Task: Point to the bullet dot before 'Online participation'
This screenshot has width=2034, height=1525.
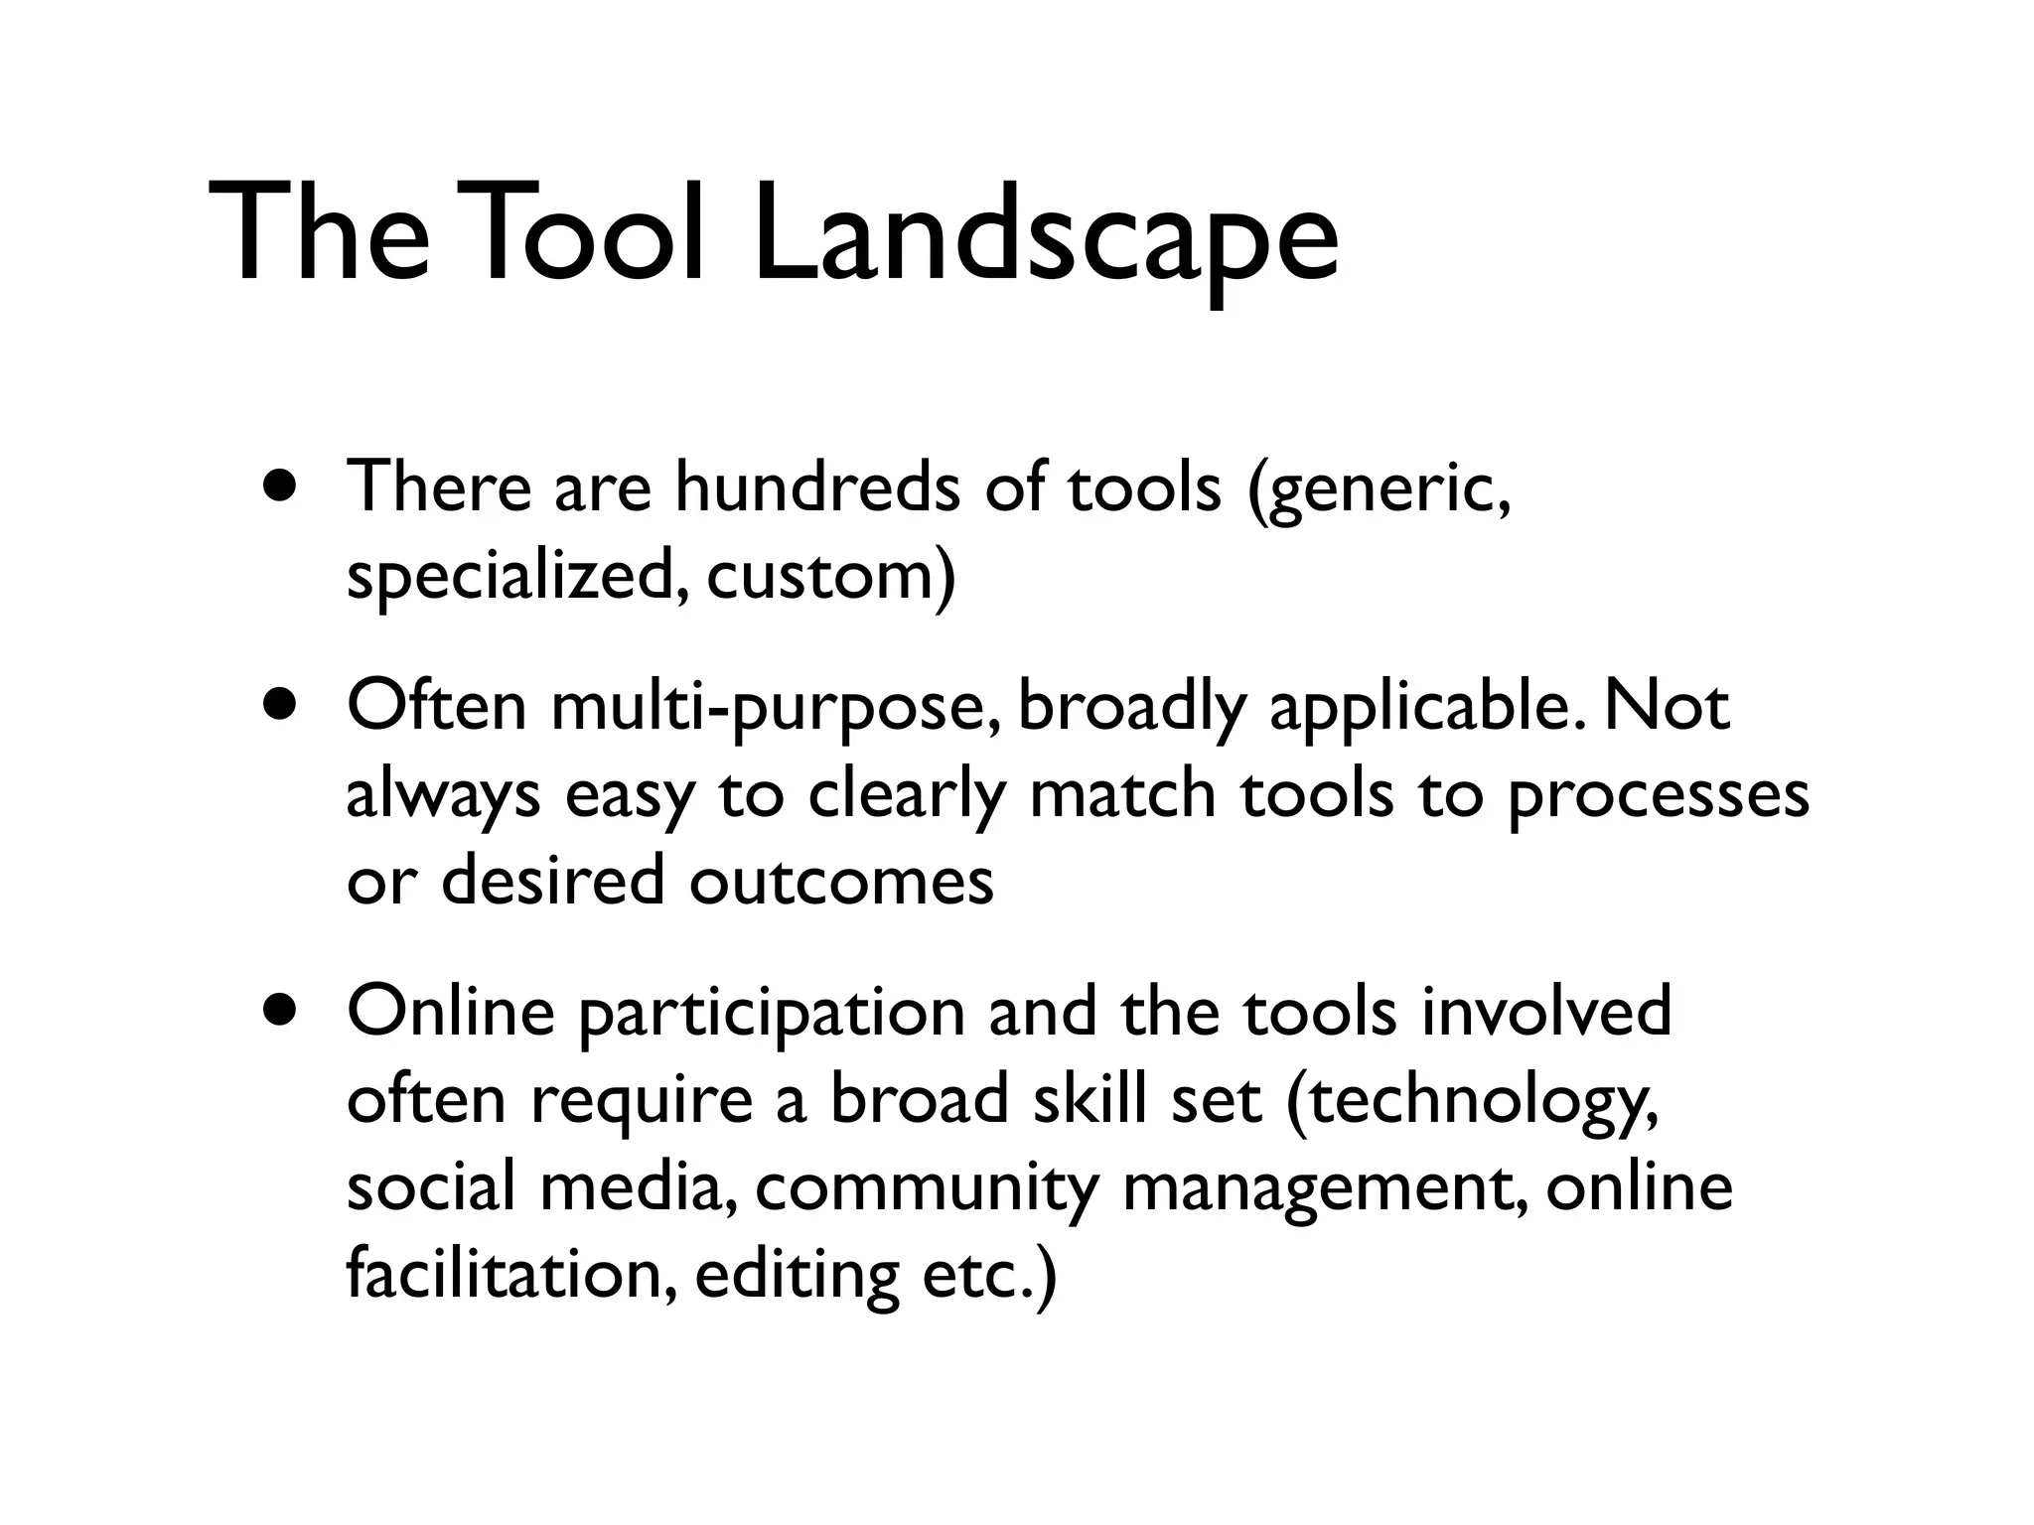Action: [282, 1011]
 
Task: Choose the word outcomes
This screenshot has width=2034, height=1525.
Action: [841, 882]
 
